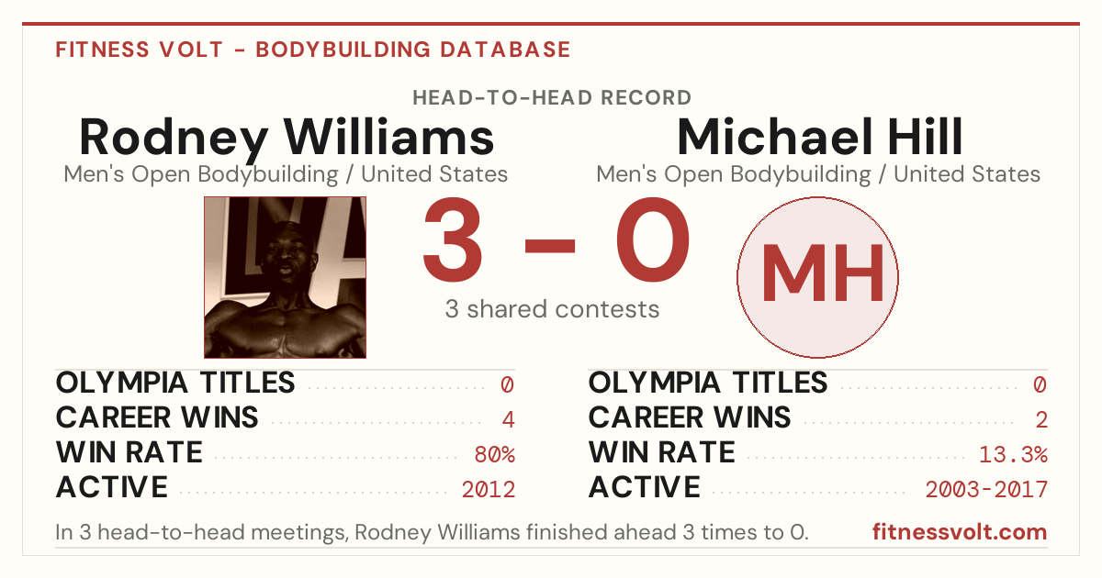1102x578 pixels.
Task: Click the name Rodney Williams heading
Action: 287,139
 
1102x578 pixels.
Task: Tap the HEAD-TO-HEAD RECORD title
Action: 552,98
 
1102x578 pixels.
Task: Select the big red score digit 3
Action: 453,239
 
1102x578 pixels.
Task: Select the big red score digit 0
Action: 653,239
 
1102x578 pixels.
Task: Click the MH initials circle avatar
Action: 817,277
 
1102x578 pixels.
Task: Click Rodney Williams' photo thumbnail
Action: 285,277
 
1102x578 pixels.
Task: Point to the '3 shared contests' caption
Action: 552,309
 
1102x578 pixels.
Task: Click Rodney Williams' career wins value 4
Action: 508,420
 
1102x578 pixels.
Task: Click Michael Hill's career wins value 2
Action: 1041,420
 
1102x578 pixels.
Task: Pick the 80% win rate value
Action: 494,455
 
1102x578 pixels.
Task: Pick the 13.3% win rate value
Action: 1014,455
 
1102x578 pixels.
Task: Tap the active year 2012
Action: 488,490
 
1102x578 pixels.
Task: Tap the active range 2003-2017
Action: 986,490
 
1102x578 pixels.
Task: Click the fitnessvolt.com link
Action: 960,532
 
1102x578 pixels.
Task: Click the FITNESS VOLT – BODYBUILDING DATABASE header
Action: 313,50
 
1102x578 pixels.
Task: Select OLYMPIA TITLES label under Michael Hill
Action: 708,383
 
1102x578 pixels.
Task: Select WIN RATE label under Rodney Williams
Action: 129,452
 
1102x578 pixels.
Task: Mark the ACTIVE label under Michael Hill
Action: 644,487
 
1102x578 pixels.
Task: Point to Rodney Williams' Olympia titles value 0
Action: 507,384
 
